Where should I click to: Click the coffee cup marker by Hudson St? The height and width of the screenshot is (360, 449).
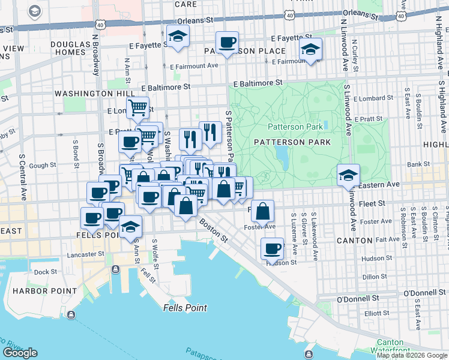[x=272, y=248]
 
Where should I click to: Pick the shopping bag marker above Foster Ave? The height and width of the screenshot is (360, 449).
[x=262, y=211]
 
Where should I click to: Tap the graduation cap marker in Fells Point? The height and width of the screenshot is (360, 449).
[x=130, y=227]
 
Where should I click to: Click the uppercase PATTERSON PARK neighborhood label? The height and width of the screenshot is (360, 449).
[x=292, y=142]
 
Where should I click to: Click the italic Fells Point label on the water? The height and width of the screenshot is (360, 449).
[x=185, y=308]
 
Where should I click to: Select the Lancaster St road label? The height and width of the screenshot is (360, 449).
[x=86, y=254]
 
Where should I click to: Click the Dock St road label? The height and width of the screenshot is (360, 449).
[x=45, y=272]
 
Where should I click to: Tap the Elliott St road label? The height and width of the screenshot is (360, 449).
[x=376, y=313]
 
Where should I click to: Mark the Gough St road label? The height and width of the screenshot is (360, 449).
[x=43, y=165]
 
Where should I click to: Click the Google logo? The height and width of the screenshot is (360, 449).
[x=20, y=352]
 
